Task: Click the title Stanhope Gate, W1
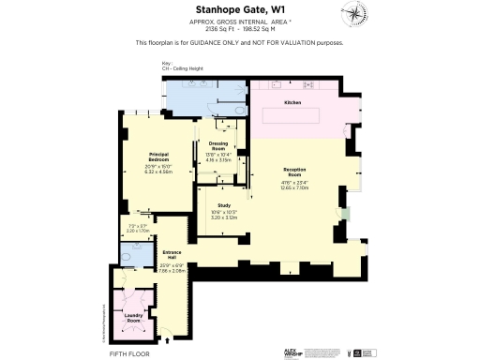[239, 10]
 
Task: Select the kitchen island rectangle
[292, 116]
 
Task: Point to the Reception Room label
[294, 172]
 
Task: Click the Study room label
[224, 204]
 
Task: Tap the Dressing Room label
[217, 147]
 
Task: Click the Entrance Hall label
[172, 253]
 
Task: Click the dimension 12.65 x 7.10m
[294, 187]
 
